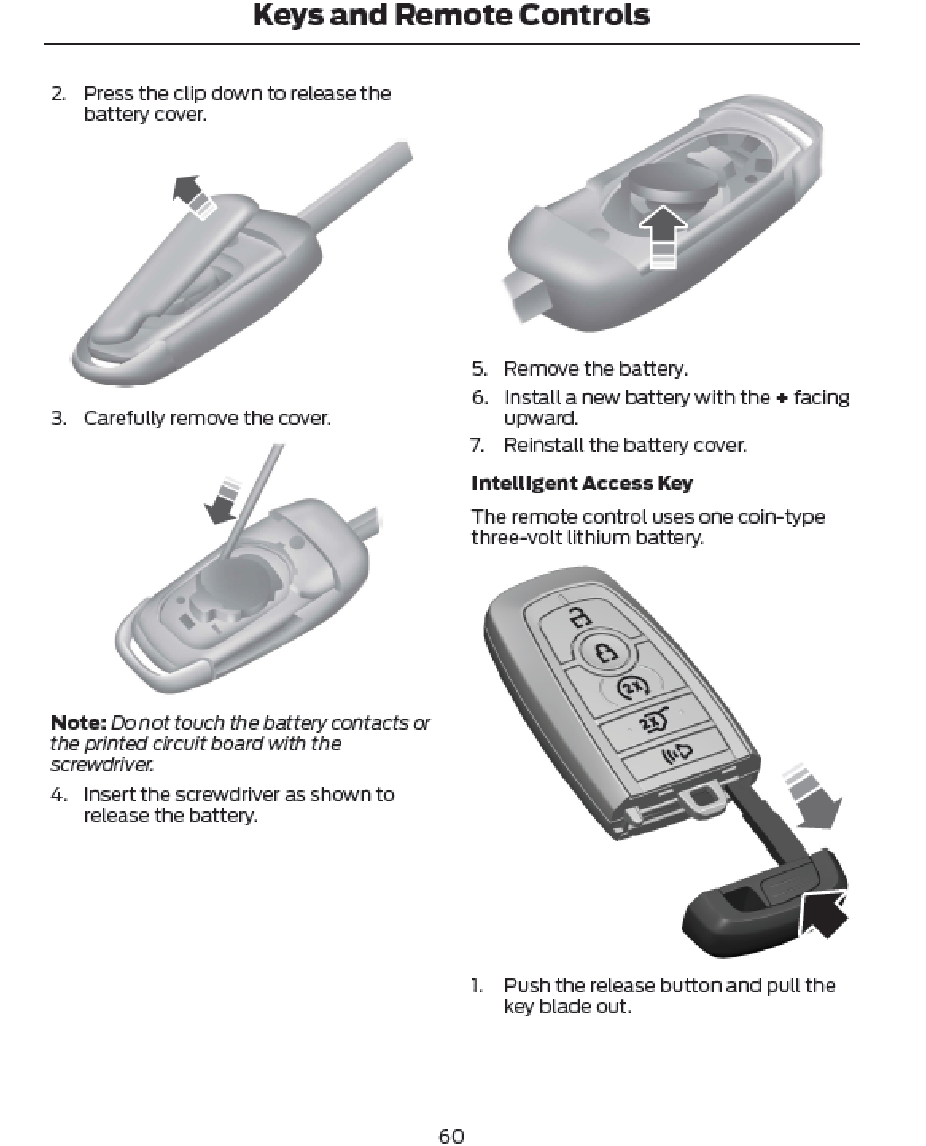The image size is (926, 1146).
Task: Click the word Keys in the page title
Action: point(288,14)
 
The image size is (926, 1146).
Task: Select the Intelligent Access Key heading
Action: point(582,483)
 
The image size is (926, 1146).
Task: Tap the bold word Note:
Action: point(79,723)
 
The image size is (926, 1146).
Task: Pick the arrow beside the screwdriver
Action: point(221,501)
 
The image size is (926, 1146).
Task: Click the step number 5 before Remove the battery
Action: point(480,368)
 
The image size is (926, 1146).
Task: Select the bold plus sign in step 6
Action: point(781,398)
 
